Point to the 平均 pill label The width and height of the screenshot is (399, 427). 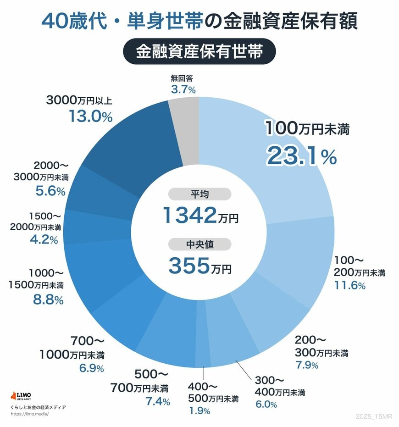click(x=199, y=194)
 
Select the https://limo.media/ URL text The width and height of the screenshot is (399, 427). click(x=29, y=414)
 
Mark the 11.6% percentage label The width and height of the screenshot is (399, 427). click(x=350, y=286)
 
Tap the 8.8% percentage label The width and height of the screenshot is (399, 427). click(x=48, y=301)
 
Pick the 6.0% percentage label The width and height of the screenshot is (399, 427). click(x=266, y=405)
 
